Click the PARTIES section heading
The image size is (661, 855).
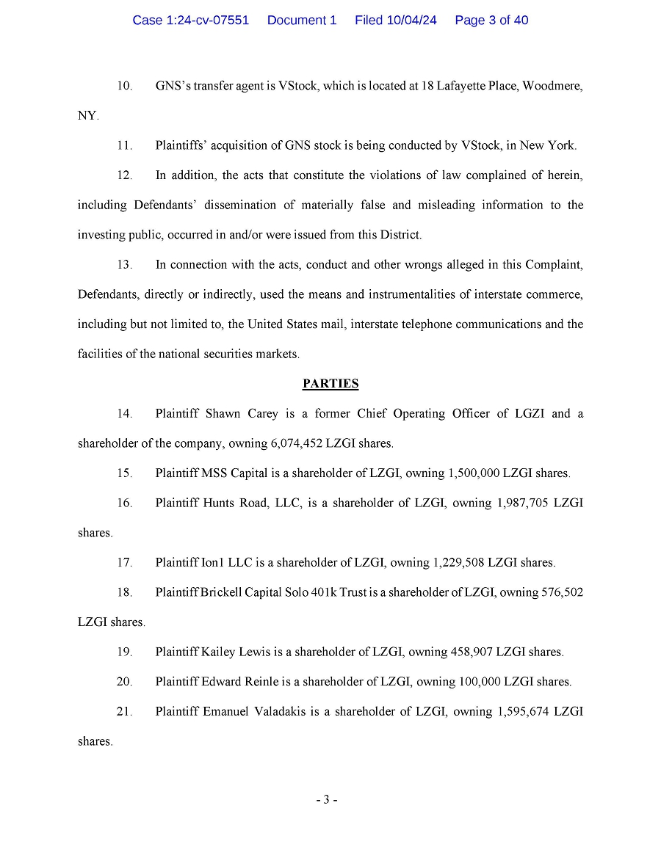click(x=330, y=383)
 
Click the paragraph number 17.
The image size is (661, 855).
click(x=124, y=563)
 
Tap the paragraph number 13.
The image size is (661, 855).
click(x=124, y=264)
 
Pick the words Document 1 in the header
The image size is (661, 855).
click(x=302, y=21)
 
